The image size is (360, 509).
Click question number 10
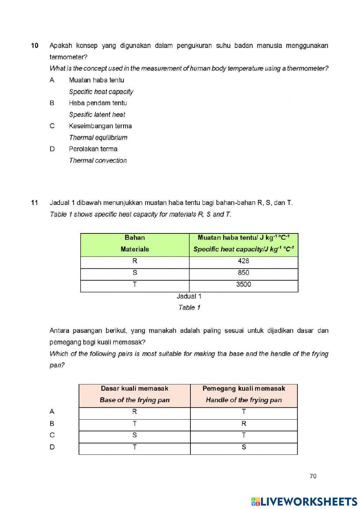pyautogui.click(x=35, y=46)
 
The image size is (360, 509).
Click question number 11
pyautogui.click(x=35, y=203)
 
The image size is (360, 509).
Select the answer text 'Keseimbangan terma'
pyautogui.click(x=100, y=126)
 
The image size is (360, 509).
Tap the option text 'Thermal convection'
pyautogui.click(x=98, y=161)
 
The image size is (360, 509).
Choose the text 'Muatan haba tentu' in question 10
pyautogui.click(x=96, y=80)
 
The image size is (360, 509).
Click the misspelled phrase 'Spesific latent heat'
pyautogui.click(x=97, y=115)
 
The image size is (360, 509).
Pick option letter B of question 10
pyautogui.click(x=52, y=103)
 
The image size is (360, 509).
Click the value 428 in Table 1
pyautogui.click(x=243, y=261)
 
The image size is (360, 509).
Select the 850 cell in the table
pyautogui.click(x=243, y=273)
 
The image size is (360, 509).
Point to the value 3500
pyautogui.click(x=243, y=285)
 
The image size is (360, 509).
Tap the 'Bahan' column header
pyautogui.click(x=135, y=238)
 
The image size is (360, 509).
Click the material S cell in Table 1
pyautogui.click(x=135, y=273)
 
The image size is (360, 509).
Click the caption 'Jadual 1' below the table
pyautogui.click(x=189, y=296)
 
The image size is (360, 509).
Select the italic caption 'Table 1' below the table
pyautogui.click(x=189, y=308)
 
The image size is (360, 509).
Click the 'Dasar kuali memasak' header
pyautogui.click(x=134, y=389)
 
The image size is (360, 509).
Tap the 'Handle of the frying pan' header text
pyautogui.click(x=244, y=400)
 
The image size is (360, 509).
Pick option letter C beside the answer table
pyautogui.click(x=52, y=435)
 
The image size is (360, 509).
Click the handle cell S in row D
pyautogui.click(x=244, y=447)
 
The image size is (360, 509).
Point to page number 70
pyautogui.click(x=313, y=476)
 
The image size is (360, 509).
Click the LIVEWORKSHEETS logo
pyautogui.click(x=304, y=501)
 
